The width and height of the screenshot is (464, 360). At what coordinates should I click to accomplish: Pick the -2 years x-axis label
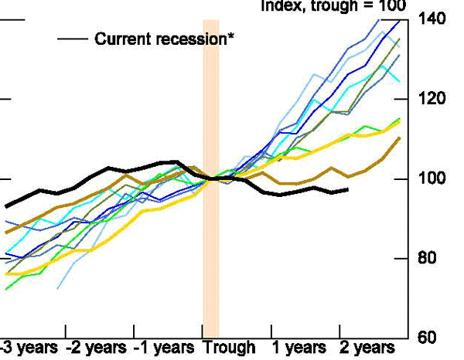97,348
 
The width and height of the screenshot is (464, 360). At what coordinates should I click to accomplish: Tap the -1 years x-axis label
165,348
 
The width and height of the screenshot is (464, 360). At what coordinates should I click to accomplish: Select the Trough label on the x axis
229,348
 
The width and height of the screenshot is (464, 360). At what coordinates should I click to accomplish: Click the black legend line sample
72,39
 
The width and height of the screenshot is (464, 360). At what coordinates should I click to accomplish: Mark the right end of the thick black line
347,189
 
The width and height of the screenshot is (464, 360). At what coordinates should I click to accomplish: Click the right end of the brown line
400,138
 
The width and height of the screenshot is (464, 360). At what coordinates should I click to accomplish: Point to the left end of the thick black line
6,206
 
